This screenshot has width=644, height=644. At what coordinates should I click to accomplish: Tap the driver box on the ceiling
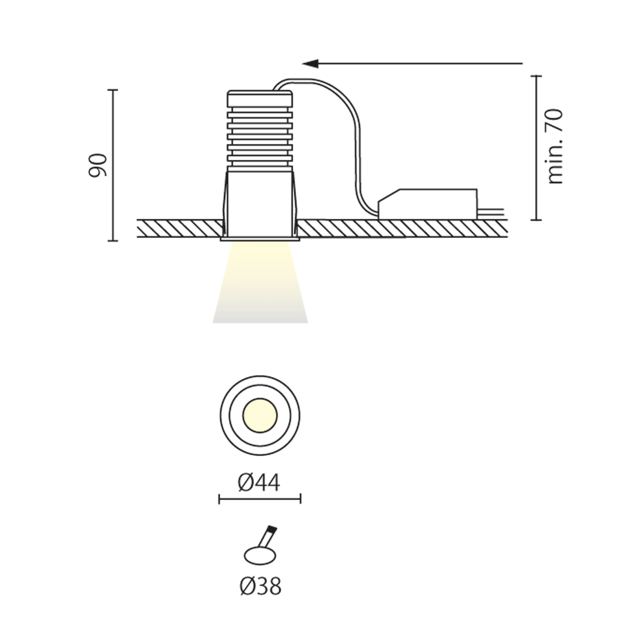point(428,204)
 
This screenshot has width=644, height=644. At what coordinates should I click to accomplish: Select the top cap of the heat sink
point(260,99)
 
